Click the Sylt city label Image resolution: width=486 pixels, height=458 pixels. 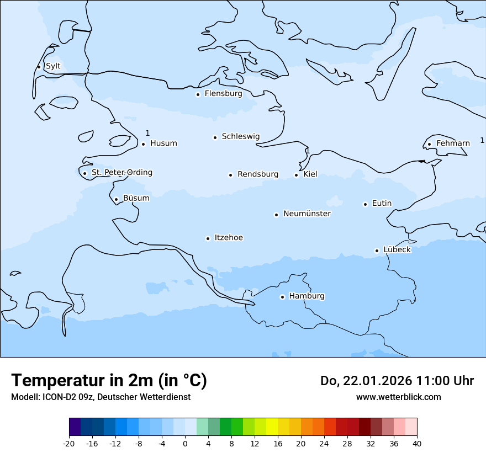click(53, 66)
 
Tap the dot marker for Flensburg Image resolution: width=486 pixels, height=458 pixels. click(198, 94)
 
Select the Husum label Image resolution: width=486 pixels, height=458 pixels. click(163, 143)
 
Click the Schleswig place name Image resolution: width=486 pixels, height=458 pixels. click(240, 136)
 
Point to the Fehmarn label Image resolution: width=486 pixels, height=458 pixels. click(453, 143)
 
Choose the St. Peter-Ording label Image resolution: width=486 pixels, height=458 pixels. click(121, 173)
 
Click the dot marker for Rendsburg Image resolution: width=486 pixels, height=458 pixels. click(230, 175)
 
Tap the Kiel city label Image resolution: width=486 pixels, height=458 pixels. click(310, 174)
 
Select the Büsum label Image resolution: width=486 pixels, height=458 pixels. click(136, 198)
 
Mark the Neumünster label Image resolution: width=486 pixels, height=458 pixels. click(307, 214)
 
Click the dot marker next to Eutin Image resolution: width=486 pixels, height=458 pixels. click(365, 204)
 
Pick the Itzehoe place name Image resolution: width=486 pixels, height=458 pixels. click(229, 238)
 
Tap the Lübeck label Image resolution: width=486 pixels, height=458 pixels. click(397, 250)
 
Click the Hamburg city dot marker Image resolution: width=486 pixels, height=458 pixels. click(282, 297)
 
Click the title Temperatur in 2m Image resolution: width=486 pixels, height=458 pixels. click(109, 380)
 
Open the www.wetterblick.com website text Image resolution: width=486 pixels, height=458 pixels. click(398, 397)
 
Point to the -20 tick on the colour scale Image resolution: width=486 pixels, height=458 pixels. click(69, 444)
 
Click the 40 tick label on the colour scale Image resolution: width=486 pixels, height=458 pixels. click(417, 444)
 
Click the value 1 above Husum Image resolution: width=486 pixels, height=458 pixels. click(147, 133)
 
